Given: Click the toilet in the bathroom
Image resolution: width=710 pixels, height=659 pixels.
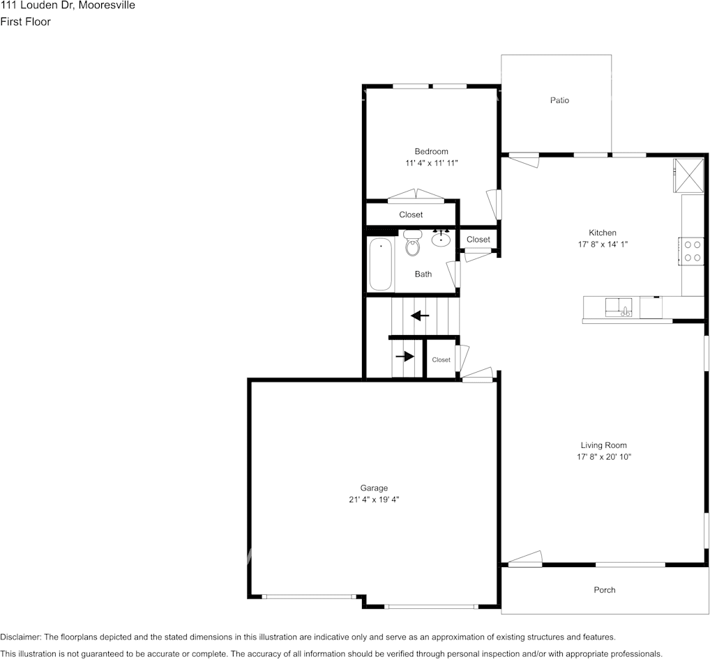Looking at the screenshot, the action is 412,243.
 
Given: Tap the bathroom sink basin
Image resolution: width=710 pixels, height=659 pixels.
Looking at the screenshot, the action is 441,238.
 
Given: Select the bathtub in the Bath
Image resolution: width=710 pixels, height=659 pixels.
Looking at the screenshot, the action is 380,264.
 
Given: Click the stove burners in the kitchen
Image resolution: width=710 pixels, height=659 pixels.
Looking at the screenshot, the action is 692,251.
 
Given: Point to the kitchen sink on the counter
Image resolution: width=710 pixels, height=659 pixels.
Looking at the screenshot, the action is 619,308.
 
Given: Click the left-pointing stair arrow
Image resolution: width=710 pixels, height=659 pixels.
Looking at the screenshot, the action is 420,316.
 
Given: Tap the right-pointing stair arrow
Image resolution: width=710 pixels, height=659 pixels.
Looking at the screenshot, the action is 405,357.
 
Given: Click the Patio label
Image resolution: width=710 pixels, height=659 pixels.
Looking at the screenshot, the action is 559,100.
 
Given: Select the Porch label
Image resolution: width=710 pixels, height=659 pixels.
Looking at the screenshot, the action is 605,590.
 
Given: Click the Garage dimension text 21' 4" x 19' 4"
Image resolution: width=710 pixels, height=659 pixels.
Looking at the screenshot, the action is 374,499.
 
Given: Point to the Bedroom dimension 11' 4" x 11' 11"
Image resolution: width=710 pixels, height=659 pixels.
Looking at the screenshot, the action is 432,163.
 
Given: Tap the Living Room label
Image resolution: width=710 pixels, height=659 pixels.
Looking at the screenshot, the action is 603,446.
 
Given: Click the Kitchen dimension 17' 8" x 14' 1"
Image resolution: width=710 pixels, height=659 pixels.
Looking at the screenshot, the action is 603,245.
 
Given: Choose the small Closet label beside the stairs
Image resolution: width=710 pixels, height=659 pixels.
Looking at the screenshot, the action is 441,360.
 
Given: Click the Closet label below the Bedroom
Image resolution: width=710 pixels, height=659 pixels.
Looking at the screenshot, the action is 411,215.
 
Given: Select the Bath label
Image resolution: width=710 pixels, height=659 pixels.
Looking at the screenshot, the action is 423,274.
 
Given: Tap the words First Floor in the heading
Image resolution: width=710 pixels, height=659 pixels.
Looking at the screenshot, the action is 25,22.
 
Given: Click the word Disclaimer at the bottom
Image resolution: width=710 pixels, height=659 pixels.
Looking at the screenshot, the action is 20,637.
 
